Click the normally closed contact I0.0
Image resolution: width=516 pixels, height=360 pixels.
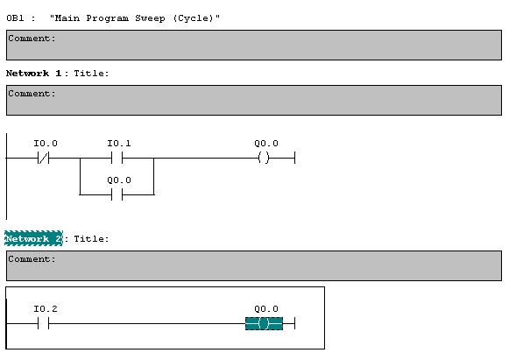[44, 159]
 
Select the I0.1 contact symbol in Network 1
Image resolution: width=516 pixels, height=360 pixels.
[117, 159]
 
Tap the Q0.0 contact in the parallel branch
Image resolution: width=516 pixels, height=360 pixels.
[117, 194]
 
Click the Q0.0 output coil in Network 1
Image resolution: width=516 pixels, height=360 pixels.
[264, 158]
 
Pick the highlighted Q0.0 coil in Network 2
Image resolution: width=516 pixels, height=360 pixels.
[264, 323]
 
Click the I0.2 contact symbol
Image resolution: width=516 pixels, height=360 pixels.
[44, 324]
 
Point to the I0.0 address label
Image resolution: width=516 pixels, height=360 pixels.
[46, 144]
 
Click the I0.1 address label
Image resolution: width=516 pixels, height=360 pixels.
[119, 144]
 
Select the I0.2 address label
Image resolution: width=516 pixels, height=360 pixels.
[46, 309]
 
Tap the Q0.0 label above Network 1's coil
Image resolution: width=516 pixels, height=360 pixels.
[266, 144]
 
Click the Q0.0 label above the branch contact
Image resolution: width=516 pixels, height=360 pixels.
[119, 180]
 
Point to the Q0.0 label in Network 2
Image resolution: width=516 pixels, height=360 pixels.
[266, 309]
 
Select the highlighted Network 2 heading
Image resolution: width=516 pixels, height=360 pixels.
[33, 238]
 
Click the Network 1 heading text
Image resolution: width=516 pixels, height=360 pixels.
[33, 73]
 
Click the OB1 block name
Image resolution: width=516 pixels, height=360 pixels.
[15, 18]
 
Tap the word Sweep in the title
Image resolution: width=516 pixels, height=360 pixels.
[150, 18]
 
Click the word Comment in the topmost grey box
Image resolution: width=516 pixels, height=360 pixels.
[32, 39]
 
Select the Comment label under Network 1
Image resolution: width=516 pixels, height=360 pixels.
[32, 94]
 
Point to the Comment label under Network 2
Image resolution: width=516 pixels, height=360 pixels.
[32, 259]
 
